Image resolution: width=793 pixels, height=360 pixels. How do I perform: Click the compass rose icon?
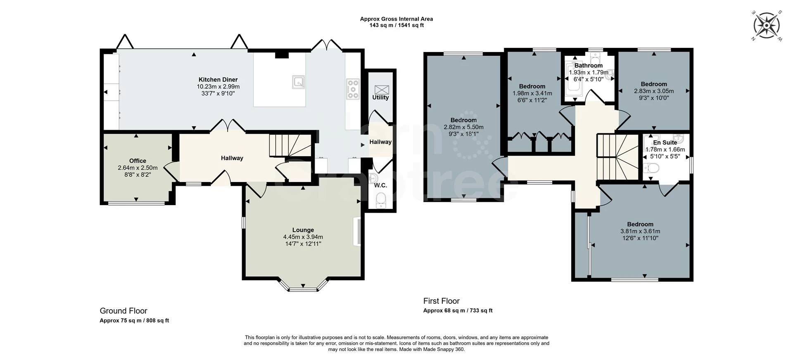[x=767, y=26]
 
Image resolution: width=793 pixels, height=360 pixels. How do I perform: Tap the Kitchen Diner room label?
[x=218, y=80]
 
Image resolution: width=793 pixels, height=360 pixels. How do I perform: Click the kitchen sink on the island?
[x=299, y=82]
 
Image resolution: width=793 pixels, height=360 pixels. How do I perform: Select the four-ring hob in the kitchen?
[x=353, y=89]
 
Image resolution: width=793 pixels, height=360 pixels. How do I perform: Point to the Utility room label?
[x=380, y=97]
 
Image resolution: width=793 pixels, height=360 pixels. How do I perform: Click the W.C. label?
[x=380, y=185]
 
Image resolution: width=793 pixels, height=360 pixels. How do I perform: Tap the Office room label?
[x=138, y=161]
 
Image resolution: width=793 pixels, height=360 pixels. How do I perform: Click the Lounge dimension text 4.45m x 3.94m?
[x=303, y=237]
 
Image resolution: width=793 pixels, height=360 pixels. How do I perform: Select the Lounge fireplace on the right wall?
[x=356, y=232]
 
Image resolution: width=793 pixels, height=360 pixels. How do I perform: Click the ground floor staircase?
[x=290, y=145]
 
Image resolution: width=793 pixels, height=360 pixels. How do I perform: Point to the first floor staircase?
[x=617, y=156]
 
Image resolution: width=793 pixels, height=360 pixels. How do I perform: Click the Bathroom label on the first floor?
[x=589, y=65]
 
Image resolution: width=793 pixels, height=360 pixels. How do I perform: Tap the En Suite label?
[x=665, y=142]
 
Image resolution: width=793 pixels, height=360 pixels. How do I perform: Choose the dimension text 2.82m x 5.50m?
[x=463, y=127]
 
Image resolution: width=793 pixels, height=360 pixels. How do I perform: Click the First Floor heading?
[x=442, y=301]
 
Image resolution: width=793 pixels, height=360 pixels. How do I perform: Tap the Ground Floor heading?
[x=123, y=311]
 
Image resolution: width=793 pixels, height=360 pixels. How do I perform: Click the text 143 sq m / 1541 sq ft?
[x=396, y=25]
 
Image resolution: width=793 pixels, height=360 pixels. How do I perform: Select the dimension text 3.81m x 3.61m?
[x=640, y=231]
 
